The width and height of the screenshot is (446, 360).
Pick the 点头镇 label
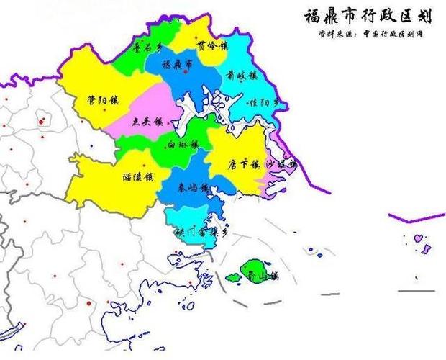(146, 122)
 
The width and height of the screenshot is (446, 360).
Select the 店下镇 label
(242, 164)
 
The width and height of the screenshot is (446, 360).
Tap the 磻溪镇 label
(137, 176)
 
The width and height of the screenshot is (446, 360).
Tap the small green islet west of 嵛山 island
(232, 276)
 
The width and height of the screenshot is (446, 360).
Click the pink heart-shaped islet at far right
(417, 237)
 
